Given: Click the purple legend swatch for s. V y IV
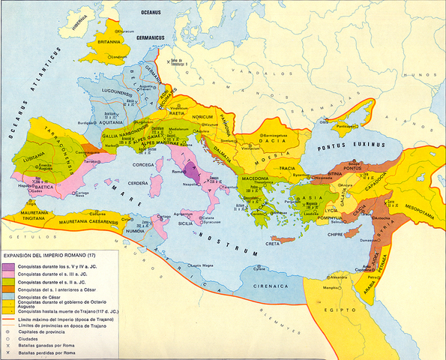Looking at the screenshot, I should pos(9,266).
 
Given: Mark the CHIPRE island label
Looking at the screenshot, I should pos(350,232).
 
